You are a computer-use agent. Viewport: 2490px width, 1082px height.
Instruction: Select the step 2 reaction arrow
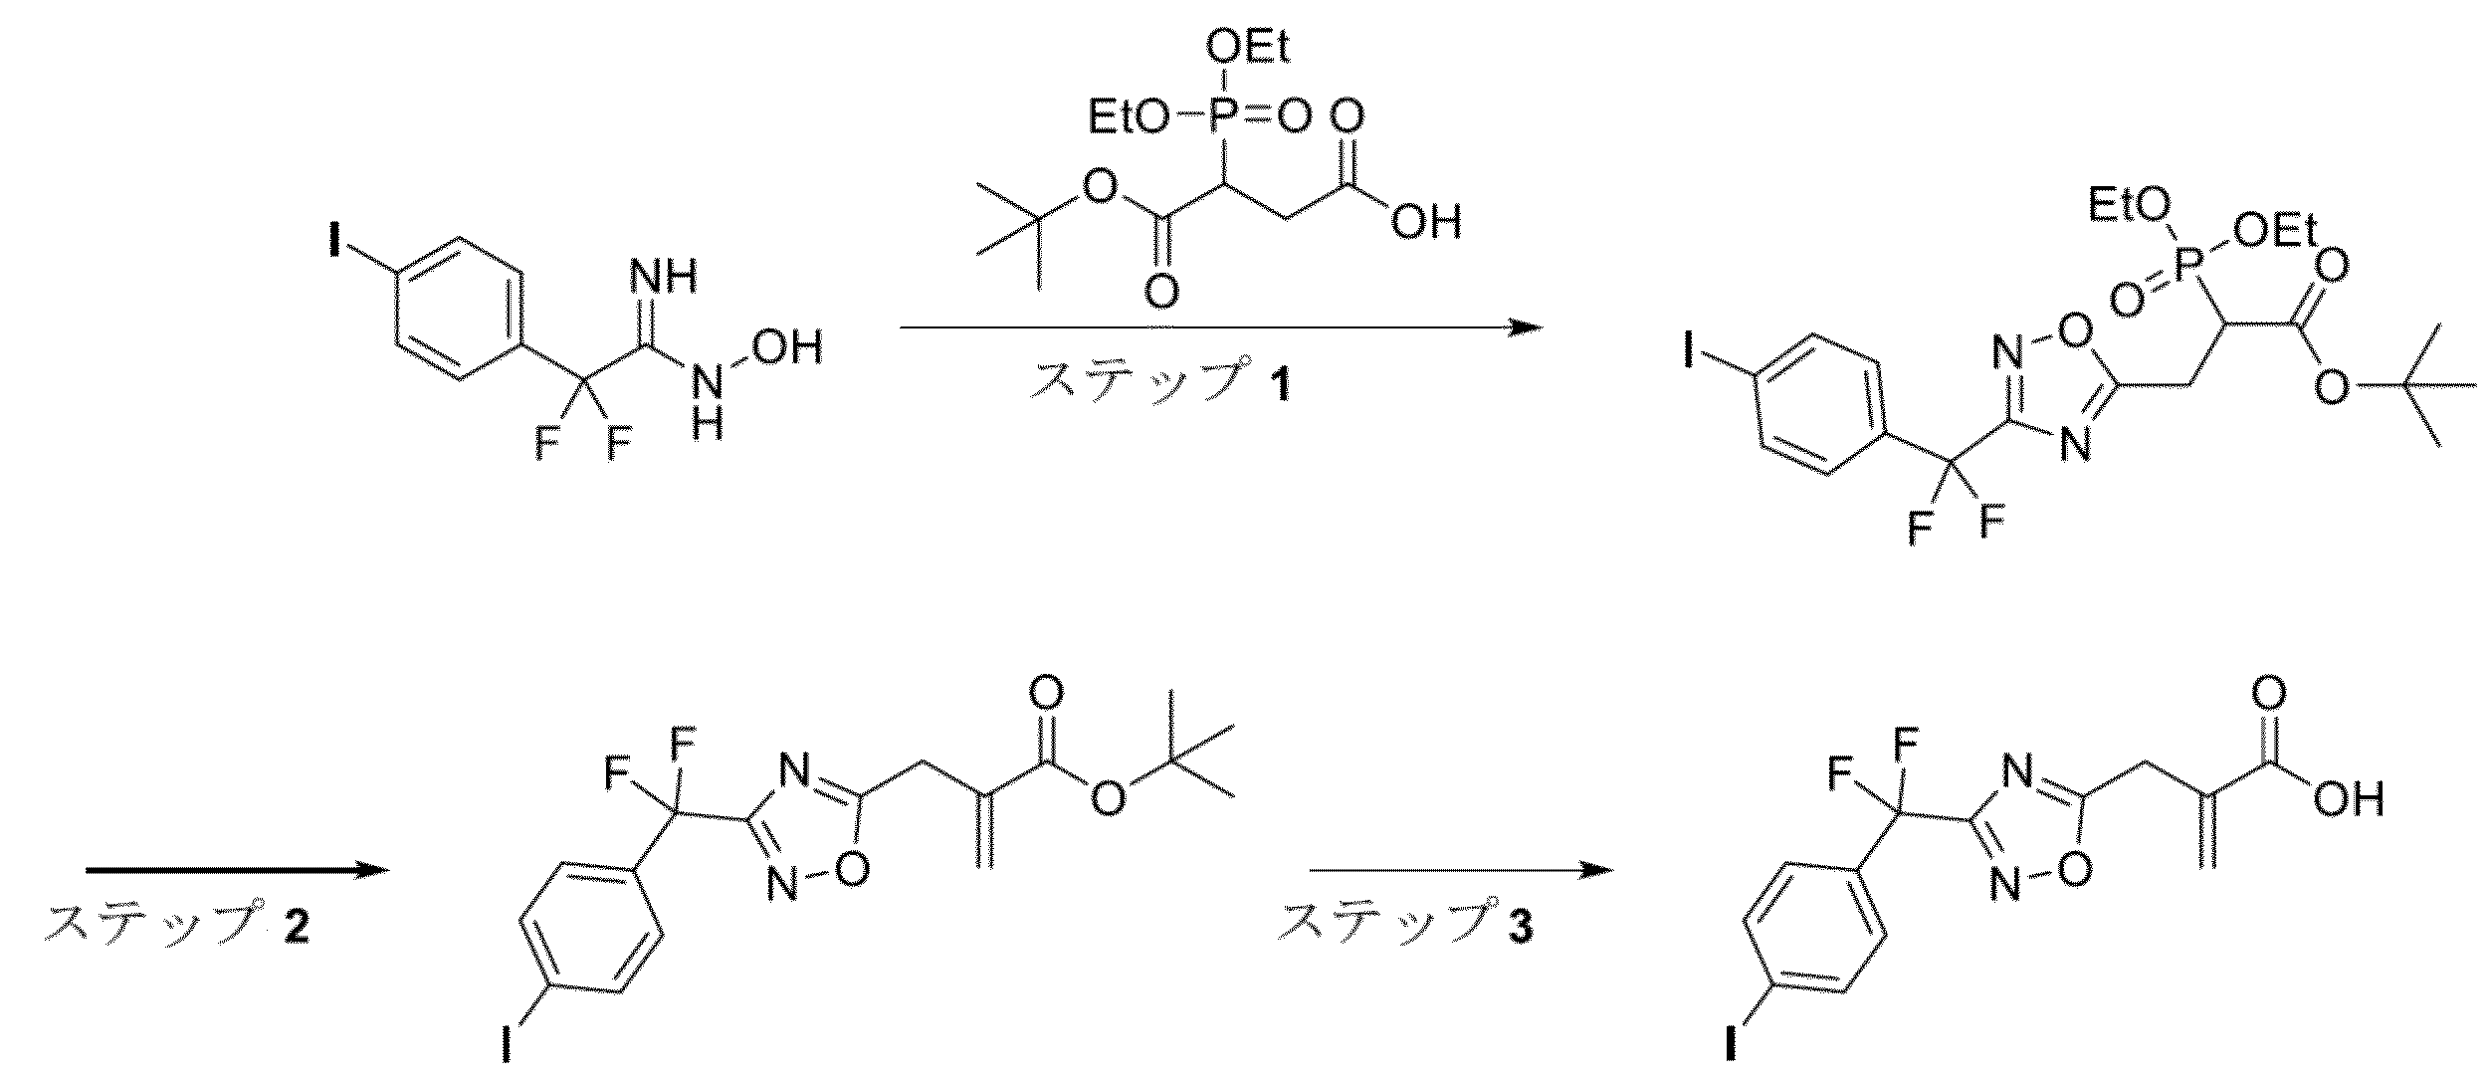[236, 871]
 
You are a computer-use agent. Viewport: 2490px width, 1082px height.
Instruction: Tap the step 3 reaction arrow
[1460, 871]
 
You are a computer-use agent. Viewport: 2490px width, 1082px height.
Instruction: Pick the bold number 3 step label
[1519, 927]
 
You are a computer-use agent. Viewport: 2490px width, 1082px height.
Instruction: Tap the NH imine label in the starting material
[664, 278]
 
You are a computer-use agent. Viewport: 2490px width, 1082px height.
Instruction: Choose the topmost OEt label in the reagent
[1249, 48]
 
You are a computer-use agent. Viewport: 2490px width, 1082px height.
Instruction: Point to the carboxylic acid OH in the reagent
[1427, 221]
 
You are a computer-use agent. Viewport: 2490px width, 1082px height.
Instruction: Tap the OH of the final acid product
[2349, 799]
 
